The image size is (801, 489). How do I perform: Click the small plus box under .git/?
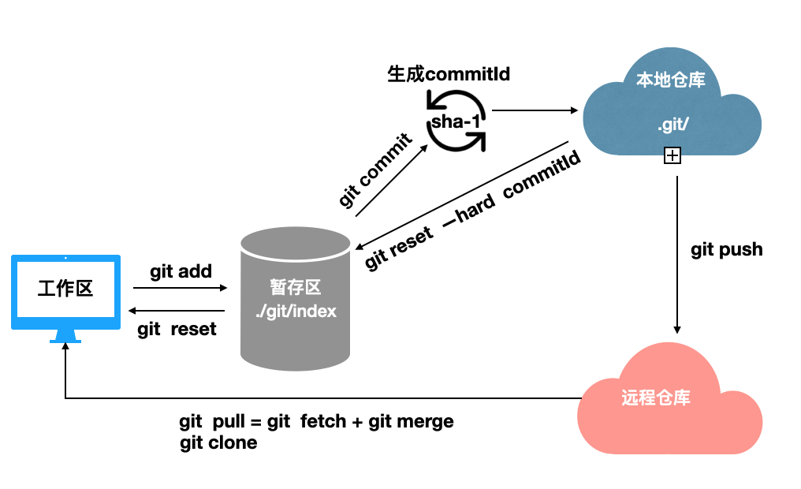pos(672,156)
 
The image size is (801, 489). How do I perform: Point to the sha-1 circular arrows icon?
pos(456,121)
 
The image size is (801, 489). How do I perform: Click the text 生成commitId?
pos(449,74)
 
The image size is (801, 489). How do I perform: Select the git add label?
pos(181,271)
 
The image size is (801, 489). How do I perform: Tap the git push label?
pos(727,250)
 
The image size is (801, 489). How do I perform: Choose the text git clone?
pos(218,443)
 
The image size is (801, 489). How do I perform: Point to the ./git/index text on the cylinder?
pos(296,311)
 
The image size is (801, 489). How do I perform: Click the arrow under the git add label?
pos(181,288)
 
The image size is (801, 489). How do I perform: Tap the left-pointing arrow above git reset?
pos(177,309)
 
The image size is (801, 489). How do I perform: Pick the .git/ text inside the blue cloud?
pos(672,126)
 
